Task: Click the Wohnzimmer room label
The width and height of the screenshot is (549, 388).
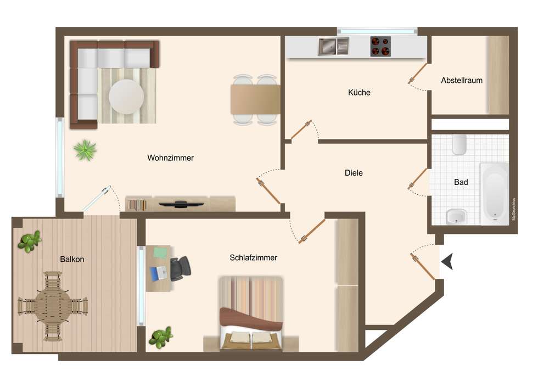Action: (x=171, y=158)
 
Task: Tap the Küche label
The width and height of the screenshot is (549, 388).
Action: (x=359, y=92)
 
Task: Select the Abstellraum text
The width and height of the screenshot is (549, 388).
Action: (x=462, y=81)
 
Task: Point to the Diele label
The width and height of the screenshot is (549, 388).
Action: (x=354, y=173)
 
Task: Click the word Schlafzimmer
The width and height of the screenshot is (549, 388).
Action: (x=254, y=258)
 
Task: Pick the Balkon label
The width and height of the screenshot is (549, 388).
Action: (x=72, y=259)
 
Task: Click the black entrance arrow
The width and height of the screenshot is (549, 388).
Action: (x=447, y=261)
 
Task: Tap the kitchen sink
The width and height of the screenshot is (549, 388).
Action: (x=333, y=47)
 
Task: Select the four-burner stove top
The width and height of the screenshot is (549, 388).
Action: (x=380, y=46)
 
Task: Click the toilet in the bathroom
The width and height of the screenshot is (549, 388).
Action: (x=459, y=145)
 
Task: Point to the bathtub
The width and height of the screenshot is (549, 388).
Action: (x=494, y=194)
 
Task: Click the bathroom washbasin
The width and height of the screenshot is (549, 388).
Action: (x=456, y=217)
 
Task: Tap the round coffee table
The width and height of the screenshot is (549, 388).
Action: (x=126, y=97)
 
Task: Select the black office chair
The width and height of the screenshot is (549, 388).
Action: (x=180, y=268)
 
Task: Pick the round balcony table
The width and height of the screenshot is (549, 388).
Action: (x=53, y=306)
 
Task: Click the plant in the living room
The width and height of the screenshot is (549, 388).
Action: (x=85, y=150)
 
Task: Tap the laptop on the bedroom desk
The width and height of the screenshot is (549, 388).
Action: (x=159, y=273)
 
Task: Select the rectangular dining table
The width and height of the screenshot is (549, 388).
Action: (x=255, y=99)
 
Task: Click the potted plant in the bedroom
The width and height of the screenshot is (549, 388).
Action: (x=161, y=338)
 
